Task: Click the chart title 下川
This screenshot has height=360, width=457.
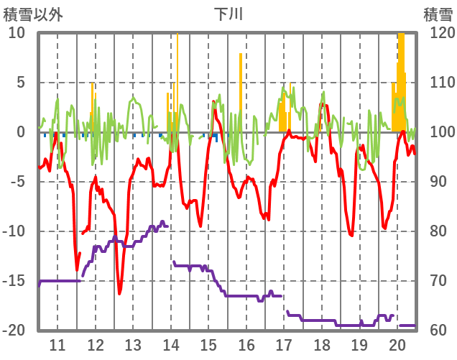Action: (228, 14)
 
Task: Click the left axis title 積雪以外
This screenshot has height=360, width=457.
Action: (33, 14)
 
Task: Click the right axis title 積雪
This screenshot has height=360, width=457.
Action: (438, 14)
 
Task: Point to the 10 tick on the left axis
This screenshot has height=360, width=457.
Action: (17, 33)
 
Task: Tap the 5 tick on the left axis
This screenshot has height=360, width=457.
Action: (21, 83)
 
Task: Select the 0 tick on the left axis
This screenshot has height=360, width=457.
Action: (21, 132)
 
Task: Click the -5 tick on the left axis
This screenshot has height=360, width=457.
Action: (19, 182)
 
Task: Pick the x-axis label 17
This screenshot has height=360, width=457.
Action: (284, 344)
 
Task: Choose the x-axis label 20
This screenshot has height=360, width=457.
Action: (397, 344)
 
